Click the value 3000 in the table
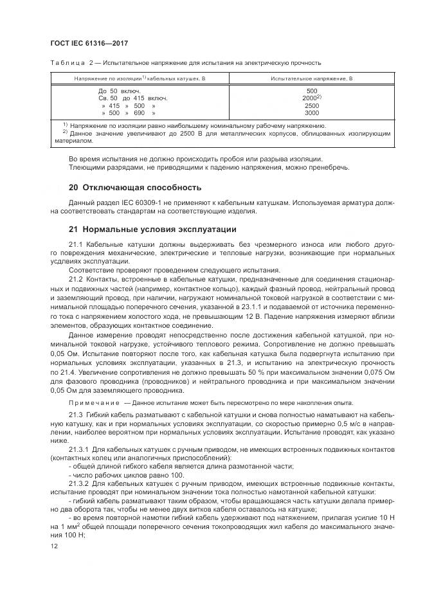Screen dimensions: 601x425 pos(311,112)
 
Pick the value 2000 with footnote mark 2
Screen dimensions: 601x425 pos(311,98)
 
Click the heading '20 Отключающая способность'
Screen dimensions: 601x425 pos(135,188)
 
